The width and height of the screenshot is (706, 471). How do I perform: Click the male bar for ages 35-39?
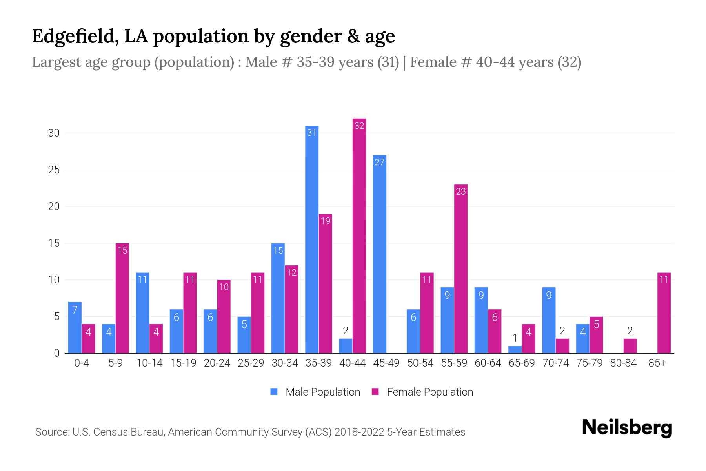point(312,239)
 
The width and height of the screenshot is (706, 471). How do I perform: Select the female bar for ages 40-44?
point(359,235)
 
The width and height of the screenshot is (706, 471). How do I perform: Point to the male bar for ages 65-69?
point(515,349)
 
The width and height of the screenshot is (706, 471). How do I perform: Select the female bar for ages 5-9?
point(122,298)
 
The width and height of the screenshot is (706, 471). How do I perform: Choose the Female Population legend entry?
point(422,392)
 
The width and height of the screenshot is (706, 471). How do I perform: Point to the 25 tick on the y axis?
point(54,170)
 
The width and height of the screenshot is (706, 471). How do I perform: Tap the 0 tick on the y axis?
point(57,353)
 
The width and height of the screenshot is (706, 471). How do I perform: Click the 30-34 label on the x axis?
point(285,363)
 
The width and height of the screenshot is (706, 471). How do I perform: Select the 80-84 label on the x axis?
point(623,363)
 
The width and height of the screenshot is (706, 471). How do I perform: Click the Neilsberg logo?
point(627,427)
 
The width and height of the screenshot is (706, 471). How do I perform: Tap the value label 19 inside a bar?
point(326,221)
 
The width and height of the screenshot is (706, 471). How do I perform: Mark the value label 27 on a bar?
point(380,162)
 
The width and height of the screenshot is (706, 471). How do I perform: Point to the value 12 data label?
point(291,272)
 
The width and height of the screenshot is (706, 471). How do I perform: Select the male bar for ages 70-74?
point(549,320)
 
